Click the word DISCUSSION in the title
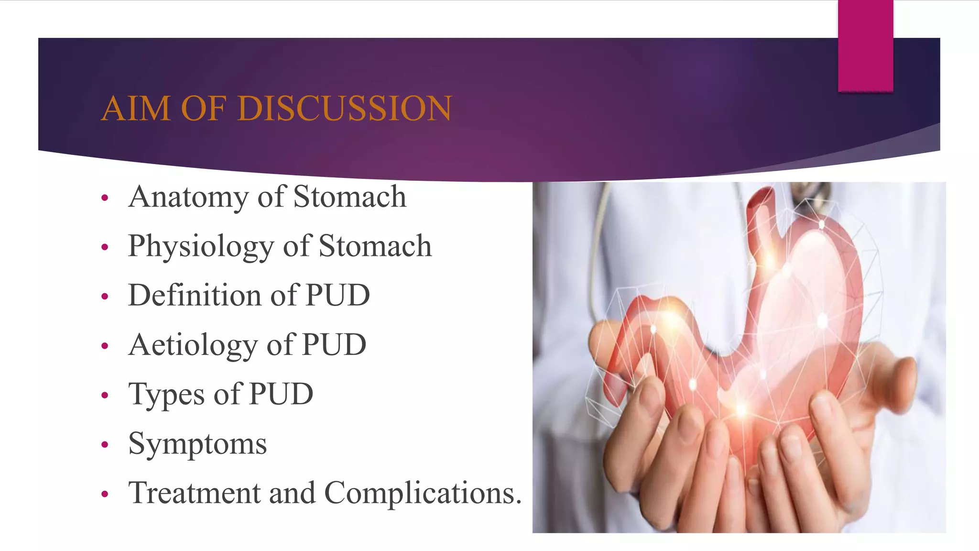coord(344,108)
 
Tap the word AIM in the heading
coord(136,108)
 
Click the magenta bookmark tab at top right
coord(865,45)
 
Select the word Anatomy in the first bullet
coord(188,197)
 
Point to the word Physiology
coord(201,247)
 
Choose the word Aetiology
coord(194,345)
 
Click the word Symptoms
coord(197,444)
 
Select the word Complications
coord(423,493)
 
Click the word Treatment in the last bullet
coord(194,493)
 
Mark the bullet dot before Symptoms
coord(105,445)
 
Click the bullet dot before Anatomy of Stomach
coord(105,198)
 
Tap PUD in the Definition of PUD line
coord(337,295)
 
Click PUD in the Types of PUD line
coord(281,394)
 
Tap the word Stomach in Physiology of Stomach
coord(375,246)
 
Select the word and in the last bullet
coord(292,493)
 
